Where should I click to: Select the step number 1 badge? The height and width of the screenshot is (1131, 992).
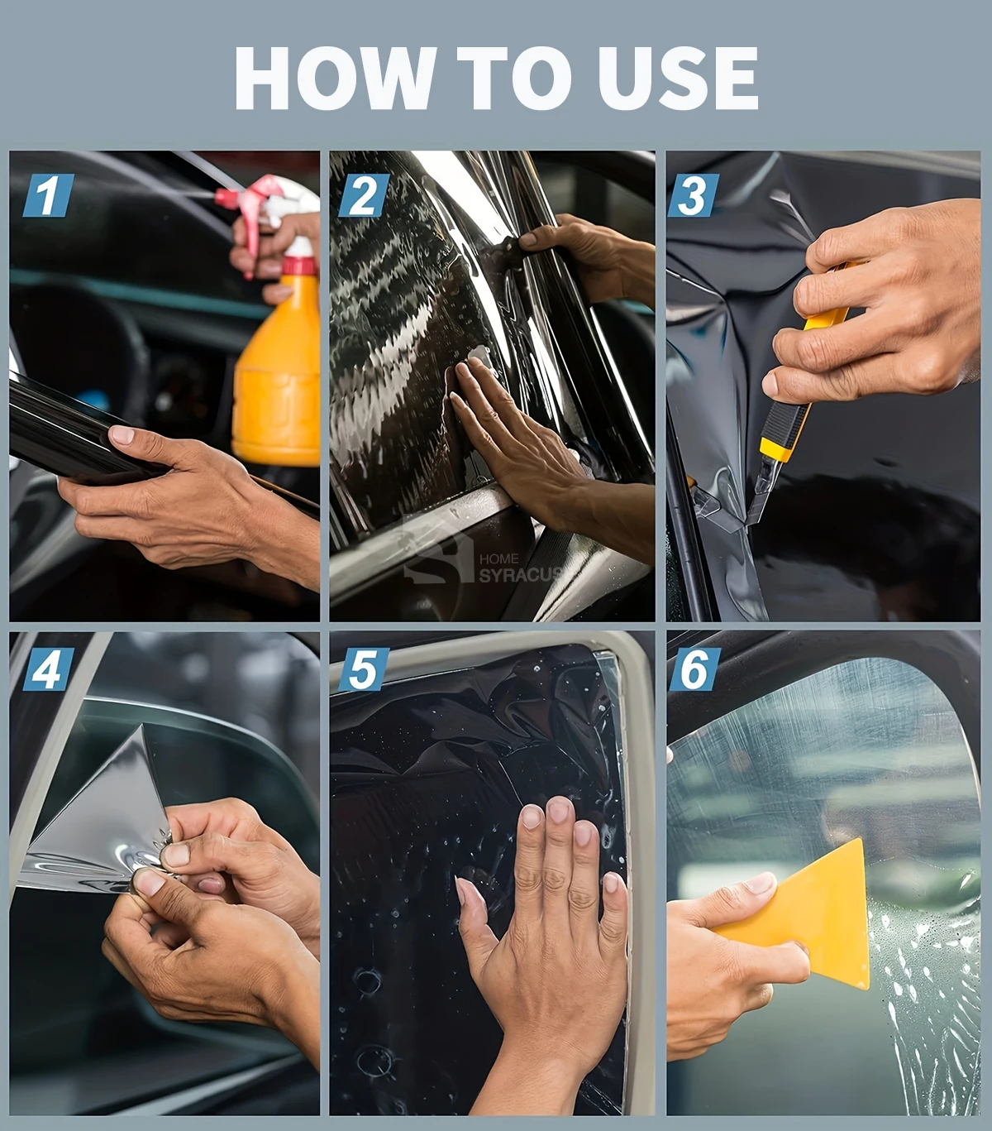(x=48, y=194)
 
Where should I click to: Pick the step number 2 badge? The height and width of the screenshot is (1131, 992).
(x=363, y=194)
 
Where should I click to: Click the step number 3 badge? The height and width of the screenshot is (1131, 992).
(x=694, y=194)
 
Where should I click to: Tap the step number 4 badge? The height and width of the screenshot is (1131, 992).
(x=48, y=669)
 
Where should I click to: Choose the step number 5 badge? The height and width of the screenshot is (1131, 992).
(x=363, y=669)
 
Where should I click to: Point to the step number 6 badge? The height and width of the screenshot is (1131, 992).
(x=694, y=669)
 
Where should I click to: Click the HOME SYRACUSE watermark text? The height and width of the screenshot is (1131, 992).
(x=520, y=568)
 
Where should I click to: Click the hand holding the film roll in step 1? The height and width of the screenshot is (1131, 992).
(x=184, y=502)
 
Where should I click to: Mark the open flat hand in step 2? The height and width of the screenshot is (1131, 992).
(x=536, y=447)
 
